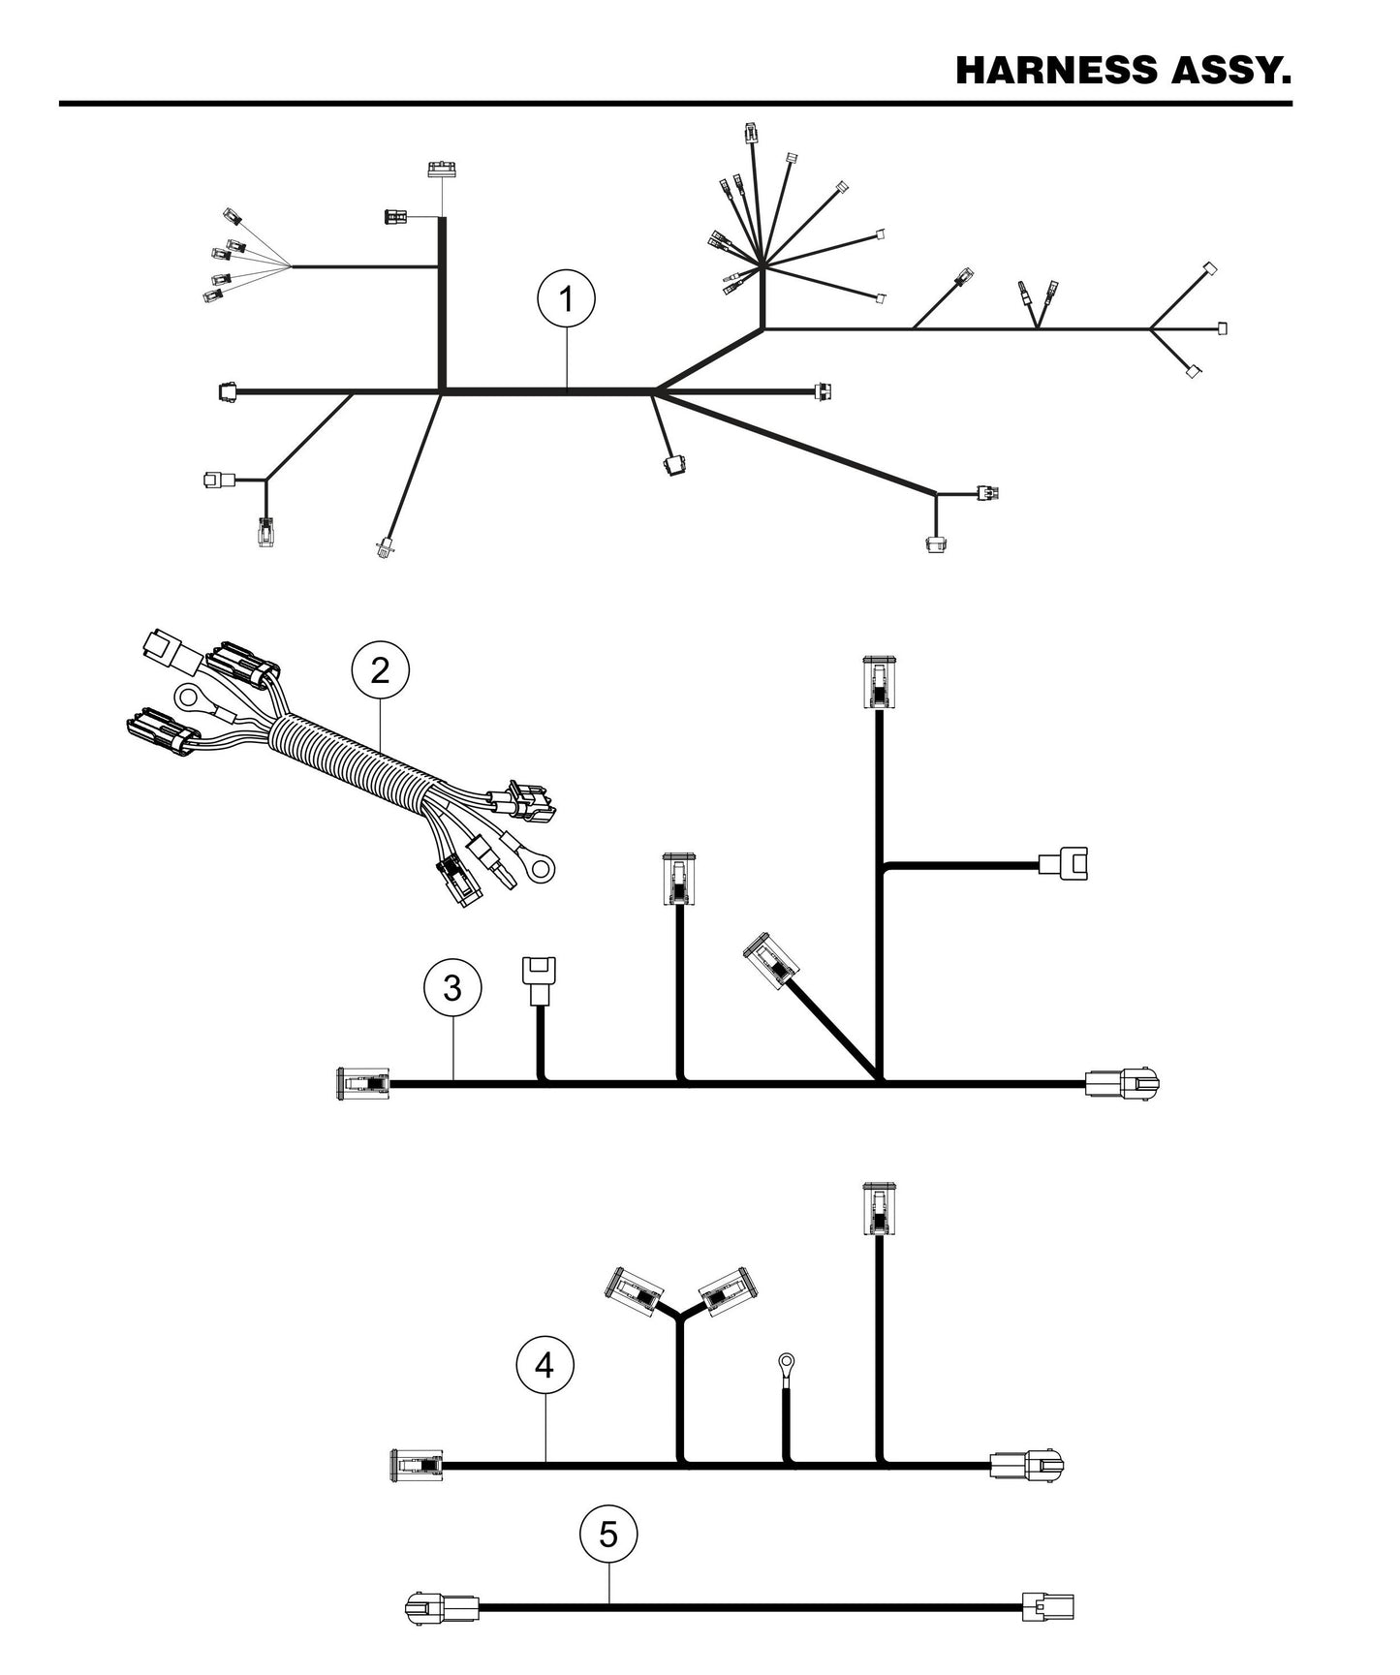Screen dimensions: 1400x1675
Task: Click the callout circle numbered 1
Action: (x=567, y=300)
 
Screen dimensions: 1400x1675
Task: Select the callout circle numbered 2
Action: (x=380, y=669)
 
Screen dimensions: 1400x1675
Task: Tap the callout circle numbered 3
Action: (x=452, y=988)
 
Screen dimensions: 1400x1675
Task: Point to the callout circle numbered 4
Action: (x=544, y=1366)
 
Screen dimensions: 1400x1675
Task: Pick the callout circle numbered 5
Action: (x=608, y=1535)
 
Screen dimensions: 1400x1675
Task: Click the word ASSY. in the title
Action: (x=1232, y=71)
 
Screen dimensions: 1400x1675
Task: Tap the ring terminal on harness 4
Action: (x=784, y=1365)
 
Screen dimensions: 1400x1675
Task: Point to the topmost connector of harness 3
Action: (x=878, y=683)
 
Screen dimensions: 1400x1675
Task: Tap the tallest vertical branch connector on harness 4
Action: (x=879, y=1209)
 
